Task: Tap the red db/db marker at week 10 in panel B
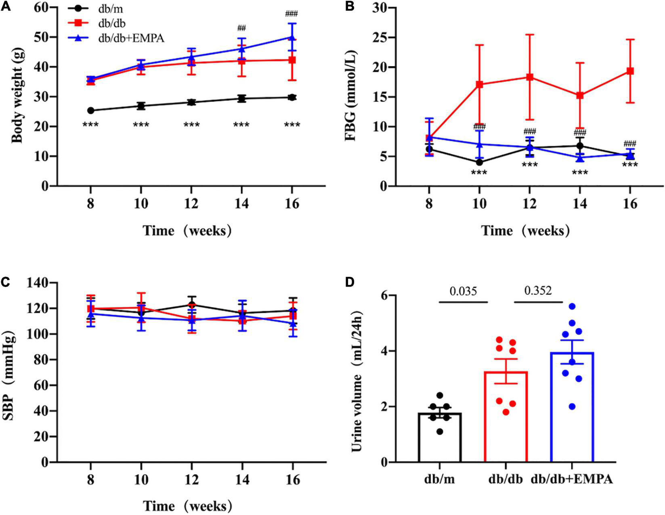(x=479, y=84)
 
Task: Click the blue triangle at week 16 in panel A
(x=292, y=38)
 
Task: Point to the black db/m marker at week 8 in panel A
(x=90, y=110)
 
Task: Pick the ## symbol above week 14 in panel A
(x=241, y=28)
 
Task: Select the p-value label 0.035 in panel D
(x=463, y=291)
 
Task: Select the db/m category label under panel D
(x=440, y=479)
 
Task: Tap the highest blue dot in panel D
(x=572, y=306)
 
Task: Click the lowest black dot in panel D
(x=440, y=432)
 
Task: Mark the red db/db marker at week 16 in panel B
(x=630, y=71)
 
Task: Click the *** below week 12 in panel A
(x=191, y=125)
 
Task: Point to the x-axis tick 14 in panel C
(x=241, y=480)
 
